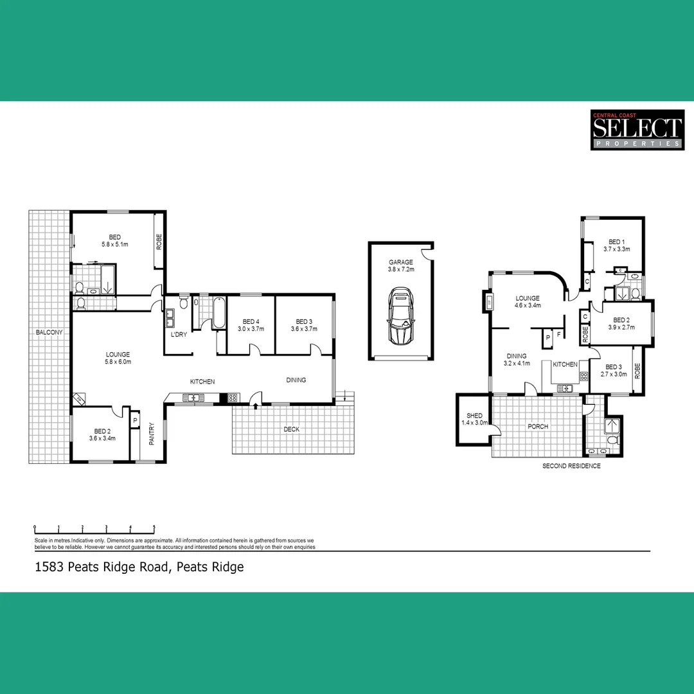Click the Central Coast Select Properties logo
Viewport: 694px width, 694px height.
pos(636,130)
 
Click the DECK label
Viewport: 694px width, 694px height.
pos(292,429)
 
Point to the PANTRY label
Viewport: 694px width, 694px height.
pos(152,432)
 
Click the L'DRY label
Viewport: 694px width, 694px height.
pos(178,335)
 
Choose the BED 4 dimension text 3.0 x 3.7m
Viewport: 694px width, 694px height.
pos(251,329)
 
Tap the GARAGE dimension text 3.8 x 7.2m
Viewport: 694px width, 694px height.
pos(401,270)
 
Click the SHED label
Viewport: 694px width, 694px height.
pos(475,416)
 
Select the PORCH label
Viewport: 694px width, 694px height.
pos(538,426)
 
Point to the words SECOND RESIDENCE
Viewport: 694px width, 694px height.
pos(571,466)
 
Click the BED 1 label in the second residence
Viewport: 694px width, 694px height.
pos(616,242)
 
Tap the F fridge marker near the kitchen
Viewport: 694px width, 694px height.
pos(559,335)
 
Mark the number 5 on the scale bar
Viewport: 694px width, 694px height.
pos(154,527)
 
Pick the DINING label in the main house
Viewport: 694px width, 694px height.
pos(296,380)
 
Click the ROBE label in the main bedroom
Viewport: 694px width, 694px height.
pos(159,242)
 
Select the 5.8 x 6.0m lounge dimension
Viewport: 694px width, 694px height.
pos(118,362)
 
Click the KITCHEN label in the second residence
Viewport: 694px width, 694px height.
pos(565,364)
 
